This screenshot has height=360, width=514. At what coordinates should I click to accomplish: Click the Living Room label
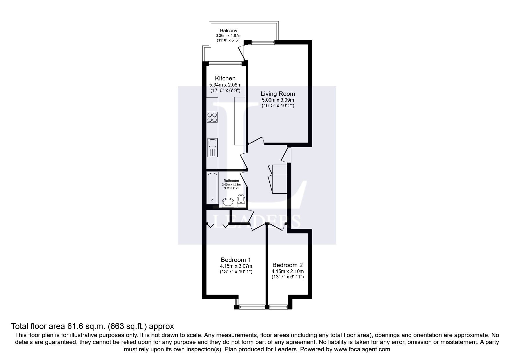pyautogui.click(x=277, y=94)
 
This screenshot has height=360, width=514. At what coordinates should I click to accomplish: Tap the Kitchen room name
pyautogui.click(x=225, y=78)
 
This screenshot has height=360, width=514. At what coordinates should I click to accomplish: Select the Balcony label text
pyautogui.click(x=228, y=30)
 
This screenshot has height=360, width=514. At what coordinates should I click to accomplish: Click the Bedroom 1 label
pyautogui.click(x=236, y=260)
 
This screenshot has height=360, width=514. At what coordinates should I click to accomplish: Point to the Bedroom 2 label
pyautogui.click(x=287, y=265)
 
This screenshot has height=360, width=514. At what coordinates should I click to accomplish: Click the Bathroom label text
pyautogui.click(x=231, y=181)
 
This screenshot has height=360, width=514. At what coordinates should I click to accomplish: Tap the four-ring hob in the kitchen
pyautogui.click(x=212, y=117)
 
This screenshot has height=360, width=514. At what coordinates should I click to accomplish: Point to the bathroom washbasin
pyautogui.click(x=228, y=203)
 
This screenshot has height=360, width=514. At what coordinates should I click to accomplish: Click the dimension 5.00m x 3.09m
pyautogui.click(x=277, y=100)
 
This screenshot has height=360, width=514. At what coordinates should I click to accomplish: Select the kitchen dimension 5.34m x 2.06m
pyautogui.click(x=225, y=85)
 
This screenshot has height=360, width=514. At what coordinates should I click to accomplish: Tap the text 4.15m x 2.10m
pyautogui.click(x=287, y=271)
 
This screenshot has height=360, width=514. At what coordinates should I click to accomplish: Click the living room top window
pyautogui.click(x=263, y=42)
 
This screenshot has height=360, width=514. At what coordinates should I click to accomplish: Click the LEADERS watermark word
pyautogui.click(x=257, y=221)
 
